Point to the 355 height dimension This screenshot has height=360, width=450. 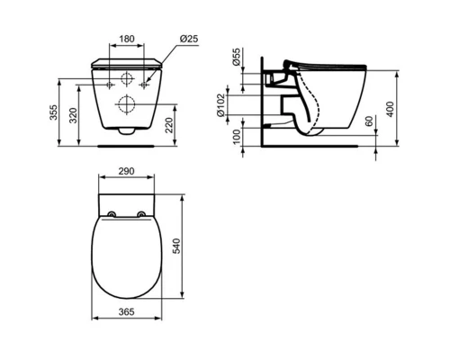(53, 112)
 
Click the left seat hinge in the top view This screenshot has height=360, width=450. (111, 214)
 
